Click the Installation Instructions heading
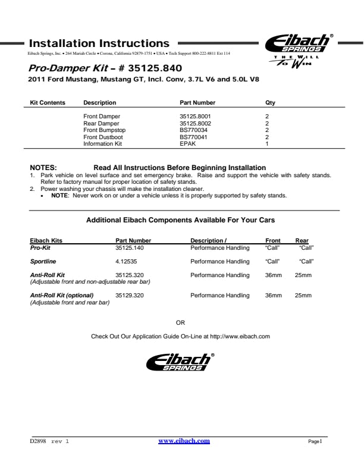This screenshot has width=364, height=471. click(99, 43)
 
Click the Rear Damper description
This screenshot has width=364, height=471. click(101, 124)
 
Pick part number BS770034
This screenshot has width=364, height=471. click(194, 130)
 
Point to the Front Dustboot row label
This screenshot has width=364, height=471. click(105, 137)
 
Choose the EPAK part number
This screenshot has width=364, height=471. click(188, 144)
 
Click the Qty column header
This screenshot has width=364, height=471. click(270, 103)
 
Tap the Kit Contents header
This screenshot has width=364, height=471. click(48, 103)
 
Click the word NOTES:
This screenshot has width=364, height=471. click(43, 168)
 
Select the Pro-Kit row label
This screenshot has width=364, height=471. click(40, 247)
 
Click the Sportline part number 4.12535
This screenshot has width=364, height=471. click(127, 262)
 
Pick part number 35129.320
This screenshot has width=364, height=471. click(130, 296)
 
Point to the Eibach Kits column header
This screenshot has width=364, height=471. click(46, 241)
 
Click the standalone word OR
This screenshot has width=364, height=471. click(181, 323)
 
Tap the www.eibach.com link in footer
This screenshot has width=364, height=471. click(184, 441)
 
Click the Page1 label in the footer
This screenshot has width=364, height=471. click(315, 442)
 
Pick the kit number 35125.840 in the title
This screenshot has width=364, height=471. click(145, 68)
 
